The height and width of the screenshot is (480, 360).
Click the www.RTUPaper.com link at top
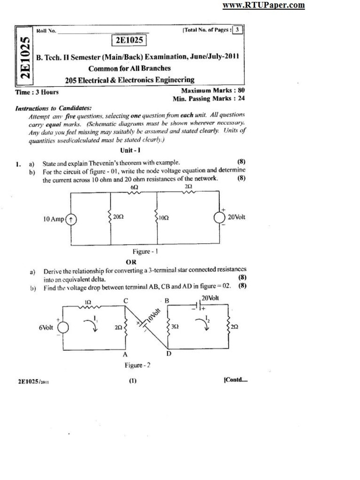click(x=263, y=5)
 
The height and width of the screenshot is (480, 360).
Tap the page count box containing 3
click(x=238, y=30)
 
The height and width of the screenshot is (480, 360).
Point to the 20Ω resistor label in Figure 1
click(x=118, y=217)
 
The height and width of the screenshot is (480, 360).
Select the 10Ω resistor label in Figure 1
click(x=164, y=217)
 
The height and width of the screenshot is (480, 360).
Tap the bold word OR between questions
click(x=131, y=262)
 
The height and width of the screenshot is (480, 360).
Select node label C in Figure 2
click(x=126, y=300)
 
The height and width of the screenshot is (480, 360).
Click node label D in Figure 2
click(x=169, y=354)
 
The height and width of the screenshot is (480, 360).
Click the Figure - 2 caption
click(x=137, y=365)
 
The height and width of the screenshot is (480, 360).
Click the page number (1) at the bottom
click(x=133, y=381)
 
